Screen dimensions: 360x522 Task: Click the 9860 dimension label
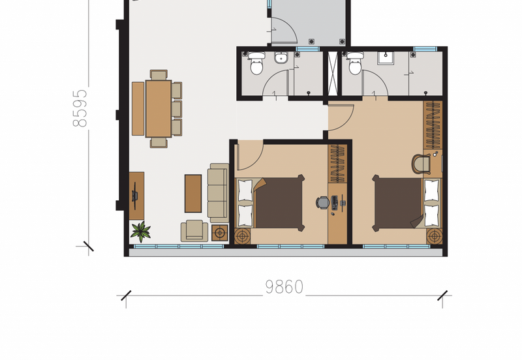284,287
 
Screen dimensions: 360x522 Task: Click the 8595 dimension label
80,108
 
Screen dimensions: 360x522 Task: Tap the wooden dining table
158,108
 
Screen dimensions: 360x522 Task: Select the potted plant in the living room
140,231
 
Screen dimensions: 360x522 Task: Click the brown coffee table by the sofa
193,193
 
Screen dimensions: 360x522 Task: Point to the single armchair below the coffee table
194,230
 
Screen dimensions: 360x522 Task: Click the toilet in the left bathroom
255,64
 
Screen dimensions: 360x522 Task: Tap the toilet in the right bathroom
355,64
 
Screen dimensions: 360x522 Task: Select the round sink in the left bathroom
282,58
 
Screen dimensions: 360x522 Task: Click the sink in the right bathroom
386,57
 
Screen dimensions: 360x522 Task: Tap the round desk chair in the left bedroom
322,203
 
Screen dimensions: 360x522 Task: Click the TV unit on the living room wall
136,195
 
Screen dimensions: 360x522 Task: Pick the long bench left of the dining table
138,108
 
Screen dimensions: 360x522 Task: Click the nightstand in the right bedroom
434,236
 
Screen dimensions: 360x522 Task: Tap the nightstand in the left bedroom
243,235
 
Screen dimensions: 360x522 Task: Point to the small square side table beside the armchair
220,233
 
